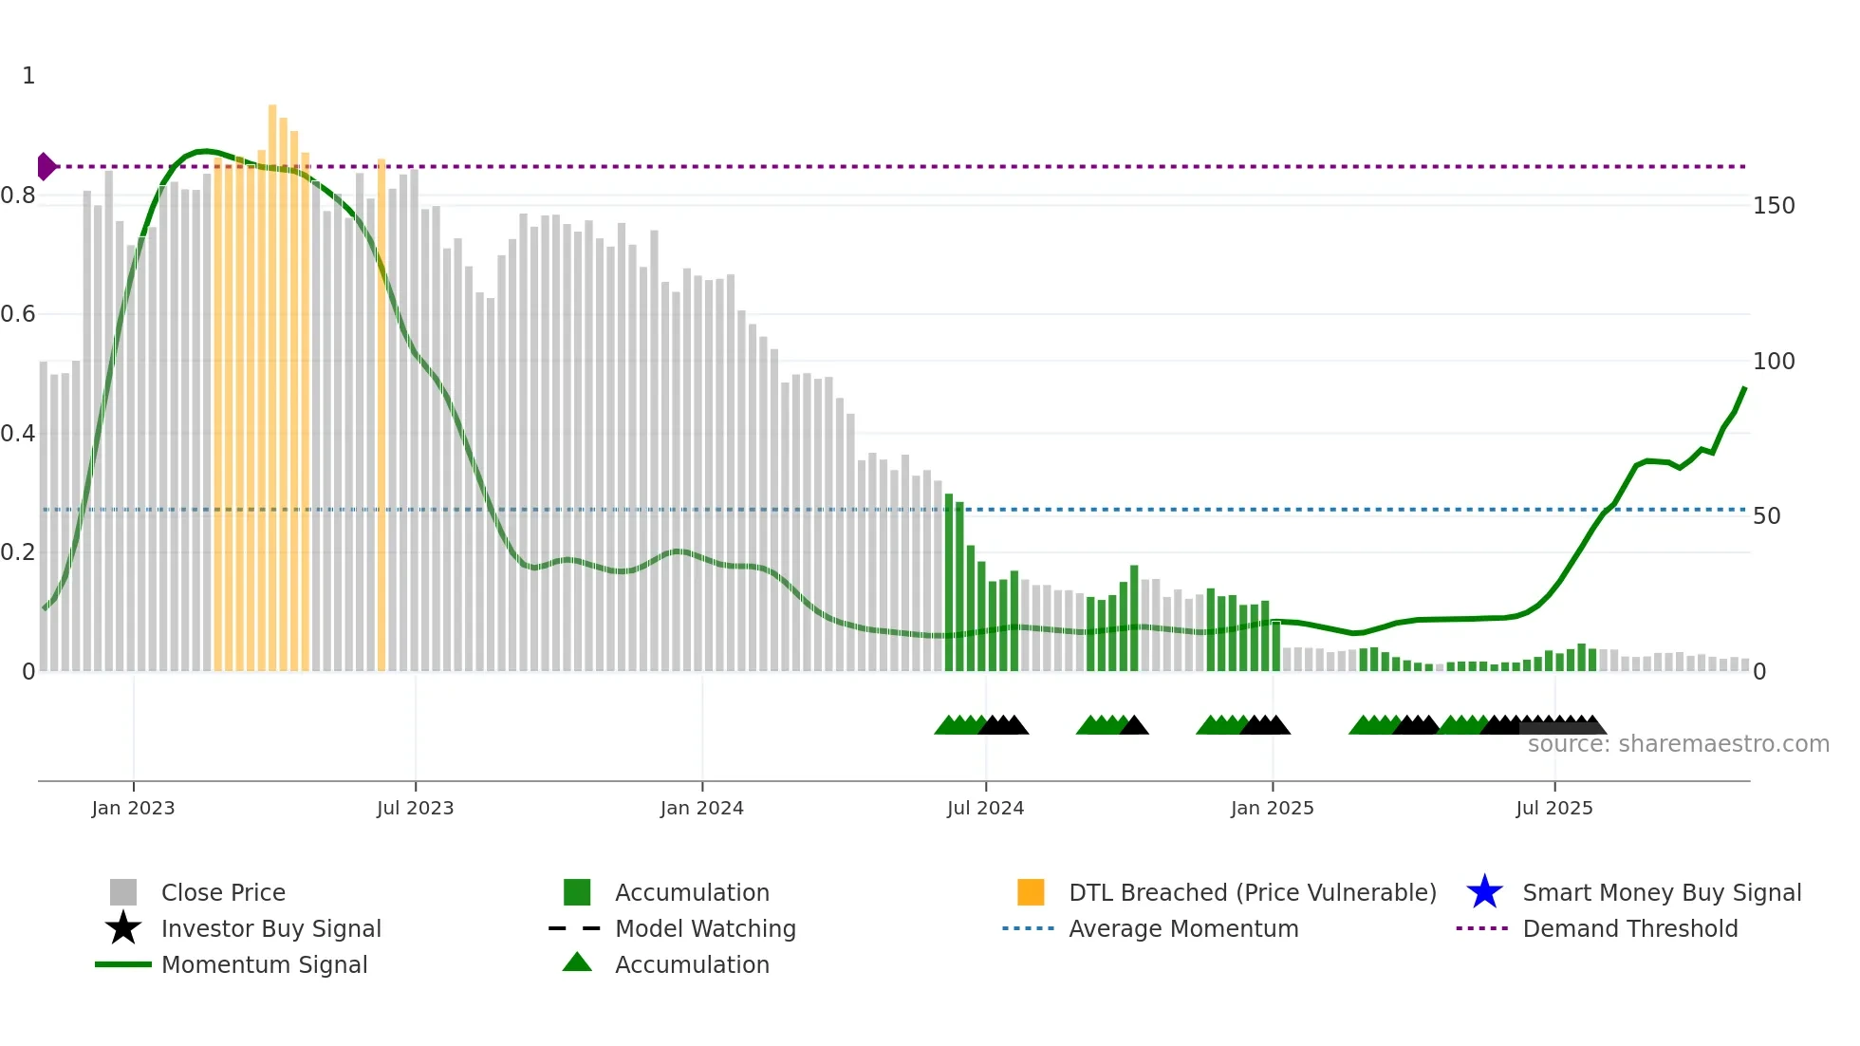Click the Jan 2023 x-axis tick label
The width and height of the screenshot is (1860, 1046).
click(133, 808)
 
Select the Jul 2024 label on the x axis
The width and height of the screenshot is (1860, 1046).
click(985, 808)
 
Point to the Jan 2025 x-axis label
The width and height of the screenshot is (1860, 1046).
click(1272, 808)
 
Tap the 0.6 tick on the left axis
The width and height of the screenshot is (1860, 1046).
click(18, 314)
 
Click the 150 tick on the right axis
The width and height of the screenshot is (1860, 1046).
click(1774, 206)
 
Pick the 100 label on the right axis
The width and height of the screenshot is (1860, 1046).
click(1774, 362)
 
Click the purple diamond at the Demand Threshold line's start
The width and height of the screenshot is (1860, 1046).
click(46, 166)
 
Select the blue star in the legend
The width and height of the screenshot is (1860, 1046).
click(1484, 892)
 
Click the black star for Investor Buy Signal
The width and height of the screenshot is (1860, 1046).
click(123, 928)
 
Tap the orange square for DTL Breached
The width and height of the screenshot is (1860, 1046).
click(1031, 892)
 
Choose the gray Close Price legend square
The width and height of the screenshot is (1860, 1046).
click(123, 892)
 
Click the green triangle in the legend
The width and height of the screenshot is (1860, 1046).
click(577, 963)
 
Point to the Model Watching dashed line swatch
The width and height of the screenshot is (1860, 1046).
click(575, 928)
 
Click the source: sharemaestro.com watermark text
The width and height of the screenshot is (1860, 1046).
click(1678, 744)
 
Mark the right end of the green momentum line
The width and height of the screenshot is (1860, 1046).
click(1744, 388)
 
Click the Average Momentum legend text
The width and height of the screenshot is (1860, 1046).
click(1183, 928)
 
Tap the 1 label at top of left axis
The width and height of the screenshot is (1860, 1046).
click(28, 76)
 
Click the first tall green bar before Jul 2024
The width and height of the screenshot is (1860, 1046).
click(949, 584)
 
